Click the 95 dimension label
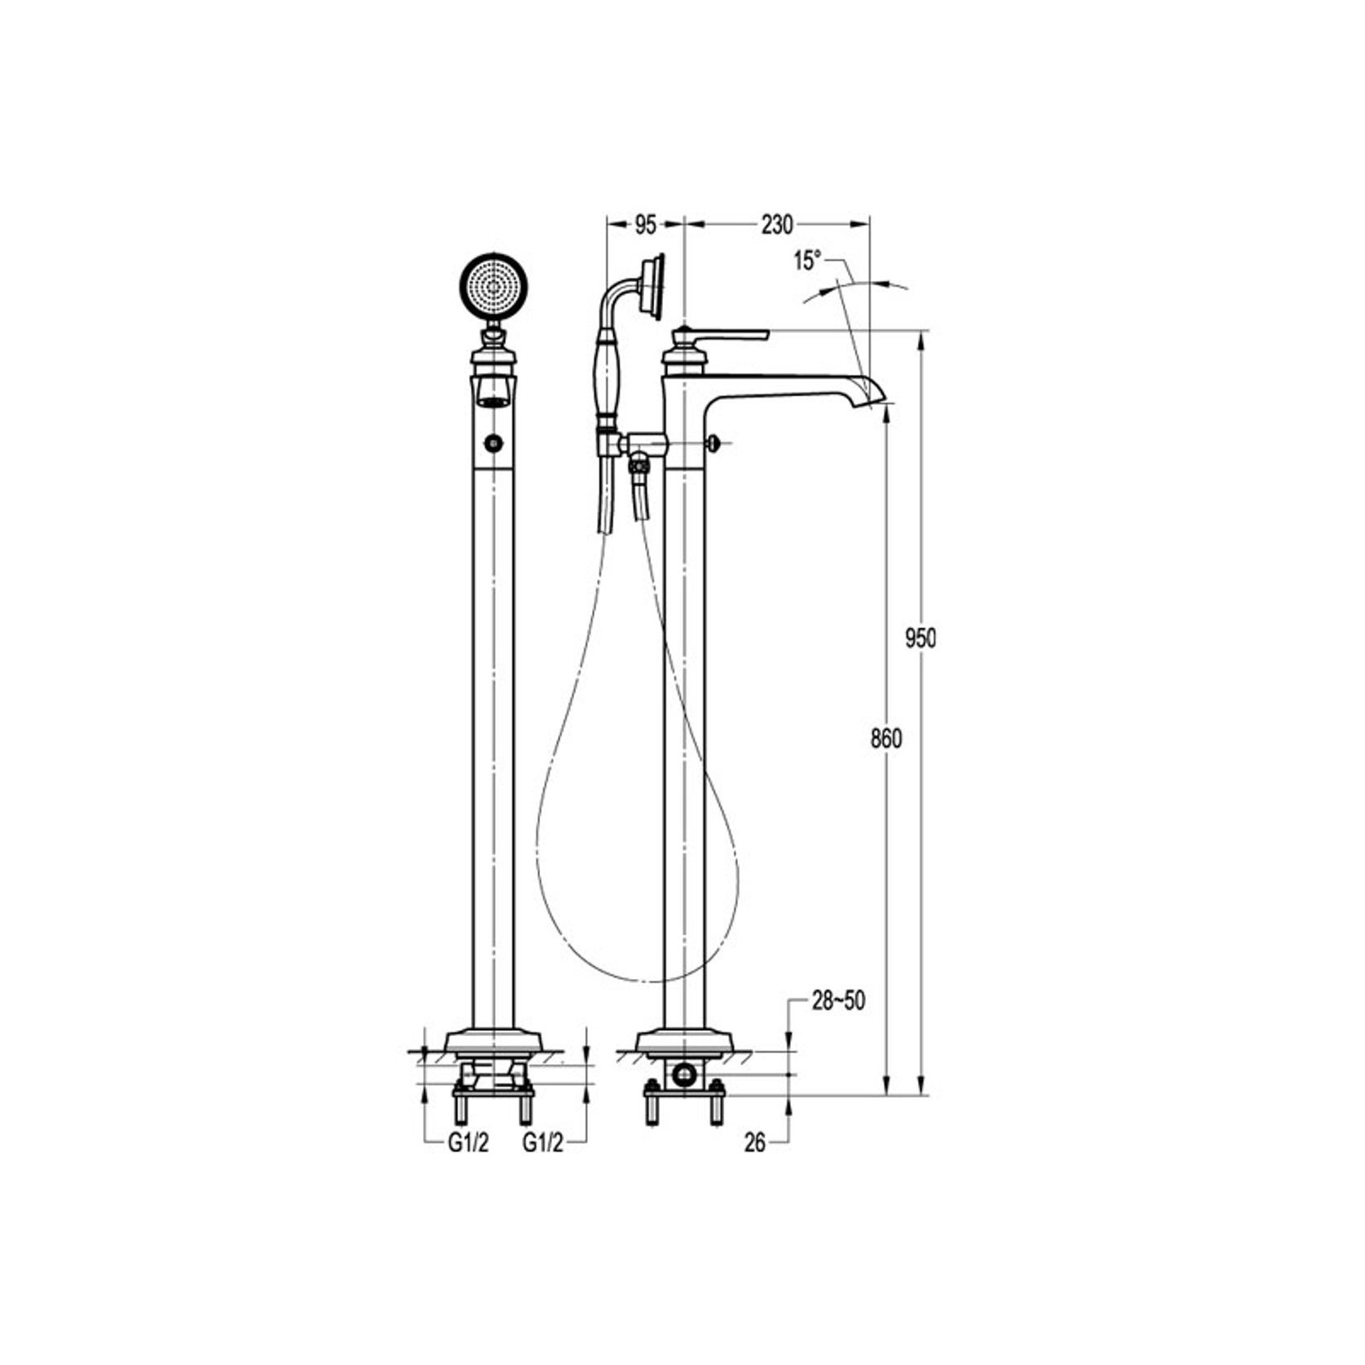click(x=644, y=226)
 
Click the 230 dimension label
click(x=776, y=226)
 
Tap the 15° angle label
click(x=806, y=261)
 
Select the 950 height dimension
click(x=920, y=639)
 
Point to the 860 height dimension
click(x=886, y=739)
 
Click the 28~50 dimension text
click(x=838, y=1001)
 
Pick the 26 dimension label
click(x=755, y=1143)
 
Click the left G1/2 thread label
click(x=467, y=1143)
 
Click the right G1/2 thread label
click(x=542, y=1143)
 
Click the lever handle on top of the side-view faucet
click(x=733, y=335)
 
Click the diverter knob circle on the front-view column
click(x=494, y=443)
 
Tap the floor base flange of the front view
click(x=494, y=1042)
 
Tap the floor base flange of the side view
click(x=684, y=1042)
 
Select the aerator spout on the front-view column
click(x=494, y=391)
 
